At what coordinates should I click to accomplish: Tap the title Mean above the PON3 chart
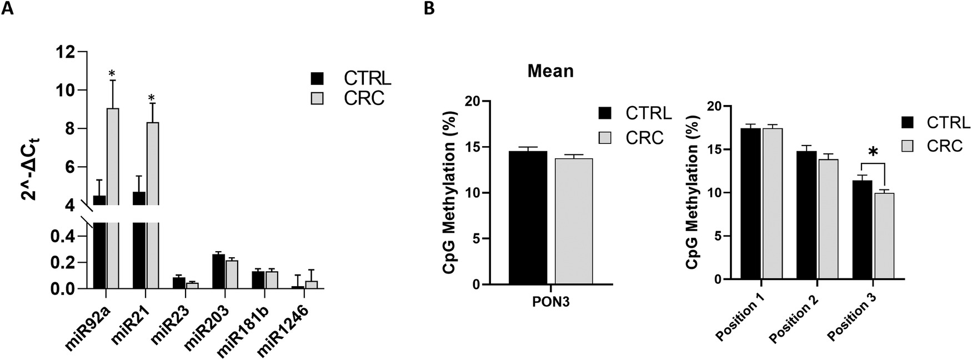550,72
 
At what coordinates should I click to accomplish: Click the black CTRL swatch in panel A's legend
317,78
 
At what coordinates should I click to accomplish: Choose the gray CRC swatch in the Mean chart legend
605,137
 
